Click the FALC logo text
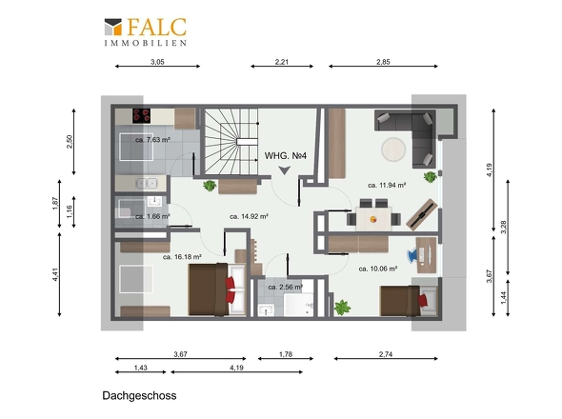point(156,27)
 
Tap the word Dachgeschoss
point(139,396)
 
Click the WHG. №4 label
point(286,156)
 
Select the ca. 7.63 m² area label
point(152,140)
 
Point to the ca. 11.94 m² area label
point(387,186)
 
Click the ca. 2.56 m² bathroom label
point(286,287)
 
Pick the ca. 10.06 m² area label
point(378,269)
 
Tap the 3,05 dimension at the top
point(157,62)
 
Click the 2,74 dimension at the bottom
point(386,354)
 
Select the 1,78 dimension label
point(286,354)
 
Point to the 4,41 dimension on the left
point(55,274)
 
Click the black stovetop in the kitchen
point(142,116)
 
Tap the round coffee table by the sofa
point(393,150)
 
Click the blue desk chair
point(412,255)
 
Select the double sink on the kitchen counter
point(147,183)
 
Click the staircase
point(231,142)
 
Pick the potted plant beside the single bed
point(342,308)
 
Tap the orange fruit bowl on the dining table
point(373,219)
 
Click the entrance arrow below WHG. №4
point(285,170)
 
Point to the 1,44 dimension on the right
point(504,298)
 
